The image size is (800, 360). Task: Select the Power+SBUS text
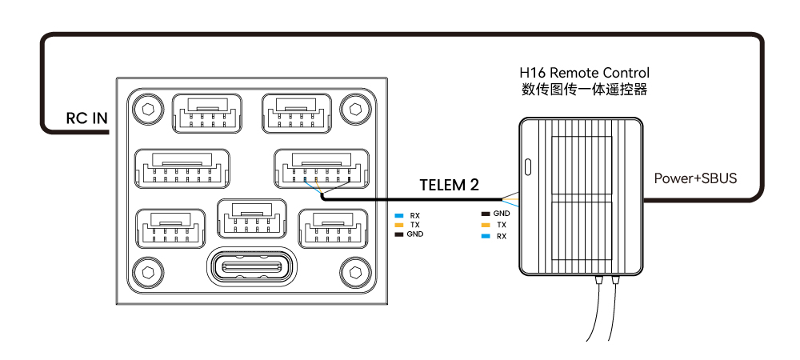pos(695,178)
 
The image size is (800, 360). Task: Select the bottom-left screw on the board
pos(146,271)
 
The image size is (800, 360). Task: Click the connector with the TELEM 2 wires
pos(320,168)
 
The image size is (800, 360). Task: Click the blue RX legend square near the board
pos(399,215)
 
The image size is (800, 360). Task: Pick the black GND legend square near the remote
pos(486,214)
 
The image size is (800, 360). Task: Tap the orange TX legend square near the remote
pos(486,226)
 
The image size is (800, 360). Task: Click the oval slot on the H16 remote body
pos(527,168)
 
